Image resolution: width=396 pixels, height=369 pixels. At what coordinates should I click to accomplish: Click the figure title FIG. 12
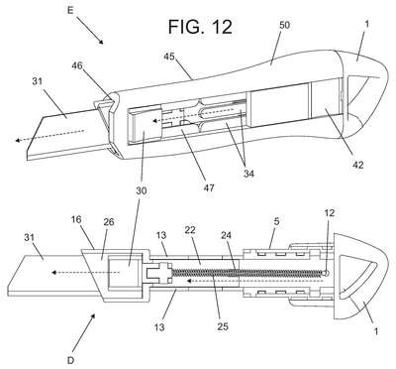(200, 27)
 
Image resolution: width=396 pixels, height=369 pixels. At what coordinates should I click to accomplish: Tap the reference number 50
(284, 25)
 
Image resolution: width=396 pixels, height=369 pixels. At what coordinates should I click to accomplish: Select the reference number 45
(170, 57)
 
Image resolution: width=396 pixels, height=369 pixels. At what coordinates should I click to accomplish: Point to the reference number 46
(78, 65)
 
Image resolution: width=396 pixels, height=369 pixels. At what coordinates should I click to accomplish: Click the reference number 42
(357, 165)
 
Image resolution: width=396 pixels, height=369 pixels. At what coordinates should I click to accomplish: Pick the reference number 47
(209, 187)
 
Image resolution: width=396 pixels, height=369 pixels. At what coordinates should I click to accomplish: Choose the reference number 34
(248, 173)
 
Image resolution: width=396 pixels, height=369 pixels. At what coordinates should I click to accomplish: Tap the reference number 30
(141, 190)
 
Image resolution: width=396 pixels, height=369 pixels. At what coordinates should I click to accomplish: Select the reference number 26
(108, 221)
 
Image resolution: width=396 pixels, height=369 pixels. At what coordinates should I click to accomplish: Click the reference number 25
(222, 326)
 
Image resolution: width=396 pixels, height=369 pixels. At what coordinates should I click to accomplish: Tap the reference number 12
(329, 213)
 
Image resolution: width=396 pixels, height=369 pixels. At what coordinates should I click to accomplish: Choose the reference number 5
(276, 221)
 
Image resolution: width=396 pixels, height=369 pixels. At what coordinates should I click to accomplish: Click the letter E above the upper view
(70, 10)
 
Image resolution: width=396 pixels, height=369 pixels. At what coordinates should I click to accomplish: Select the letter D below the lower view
(70, 360)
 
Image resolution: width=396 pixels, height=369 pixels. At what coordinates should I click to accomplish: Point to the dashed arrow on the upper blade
(49, 136)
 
